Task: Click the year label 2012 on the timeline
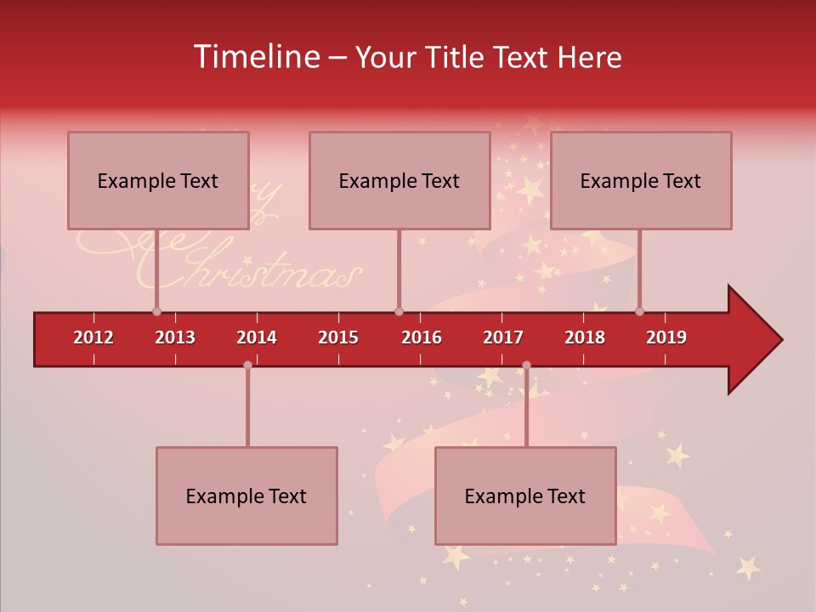click(x=93, y=337)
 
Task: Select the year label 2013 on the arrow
click(x=175, y=337)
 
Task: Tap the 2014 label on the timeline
click(x=257, y=337)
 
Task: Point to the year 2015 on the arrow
click(x=338, y=337)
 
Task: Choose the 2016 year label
click(x=422, y=337)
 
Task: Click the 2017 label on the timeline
click(x=503, y=337)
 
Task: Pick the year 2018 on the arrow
click(x=585, y=337)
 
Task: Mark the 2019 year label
click(x=666, y=337)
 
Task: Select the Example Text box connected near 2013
click(x=158, y=180)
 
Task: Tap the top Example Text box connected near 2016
click(x=399, y=180)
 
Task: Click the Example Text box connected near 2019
click(x=641, y=180)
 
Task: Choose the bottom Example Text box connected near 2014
click(x=246, y=496)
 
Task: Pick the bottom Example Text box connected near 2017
click(x=525, y=496)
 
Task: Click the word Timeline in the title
click(x=255, y=57)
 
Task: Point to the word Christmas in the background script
click(x=255, y=274)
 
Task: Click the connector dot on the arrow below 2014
click(x=247, y=365)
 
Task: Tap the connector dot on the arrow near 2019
click(x=639, y=311)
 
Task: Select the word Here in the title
click(x=589, y=57)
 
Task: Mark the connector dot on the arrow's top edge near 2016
click(x=399, y=311)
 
